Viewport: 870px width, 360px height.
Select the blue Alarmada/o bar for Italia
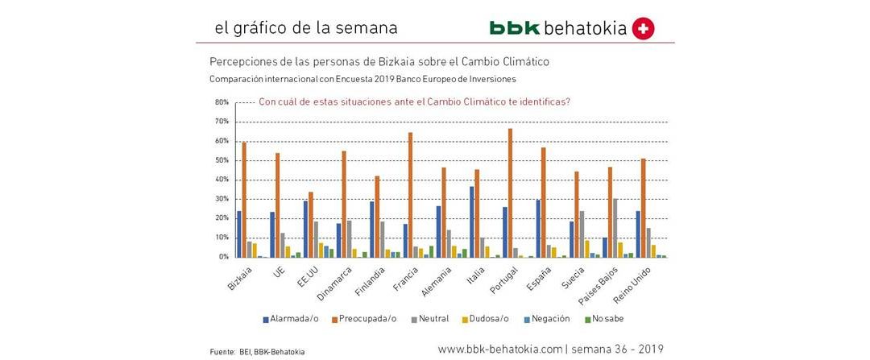tap(472, 221)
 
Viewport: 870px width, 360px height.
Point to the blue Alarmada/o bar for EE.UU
tap(305, 229)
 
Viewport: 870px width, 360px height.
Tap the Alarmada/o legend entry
tap(291, 318)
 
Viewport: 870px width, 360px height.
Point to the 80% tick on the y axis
tap(222, 102)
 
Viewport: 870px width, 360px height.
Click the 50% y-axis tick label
tap(222, 160)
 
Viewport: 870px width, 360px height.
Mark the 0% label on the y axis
tap(224, 257)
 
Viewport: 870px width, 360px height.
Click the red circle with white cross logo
tap(644, 28)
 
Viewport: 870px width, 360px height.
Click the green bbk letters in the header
tap(515, 28)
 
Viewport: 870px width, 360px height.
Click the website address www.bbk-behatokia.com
tap(499, 349)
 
